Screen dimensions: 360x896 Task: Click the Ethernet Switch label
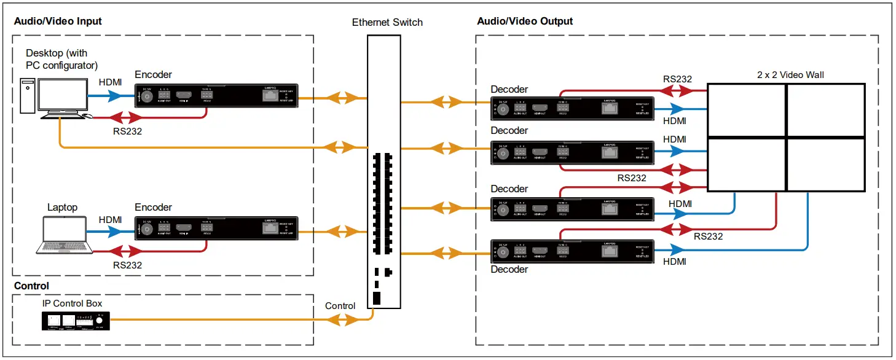click(387, 22)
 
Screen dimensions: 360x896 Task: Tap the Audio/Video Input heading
click(58, 21)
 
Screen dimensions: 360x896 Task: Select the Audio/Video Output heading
click(525, 21)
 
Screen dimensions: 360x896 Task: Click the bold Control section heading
click(31, 286)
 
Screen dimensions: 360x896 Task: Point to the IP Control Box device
click(76, 320)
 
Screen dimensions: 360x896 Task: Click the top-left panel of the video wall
click(747, 110)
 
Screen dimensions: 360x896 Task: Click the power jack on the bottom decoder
click(503, 251)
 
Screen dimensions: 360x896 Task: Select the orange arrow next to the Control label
click(340, 319)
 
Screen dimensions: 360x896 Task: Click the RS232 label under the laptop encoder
click(127, 265)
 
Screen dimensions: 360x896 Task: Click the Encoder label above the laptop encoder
click(153, 208)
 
